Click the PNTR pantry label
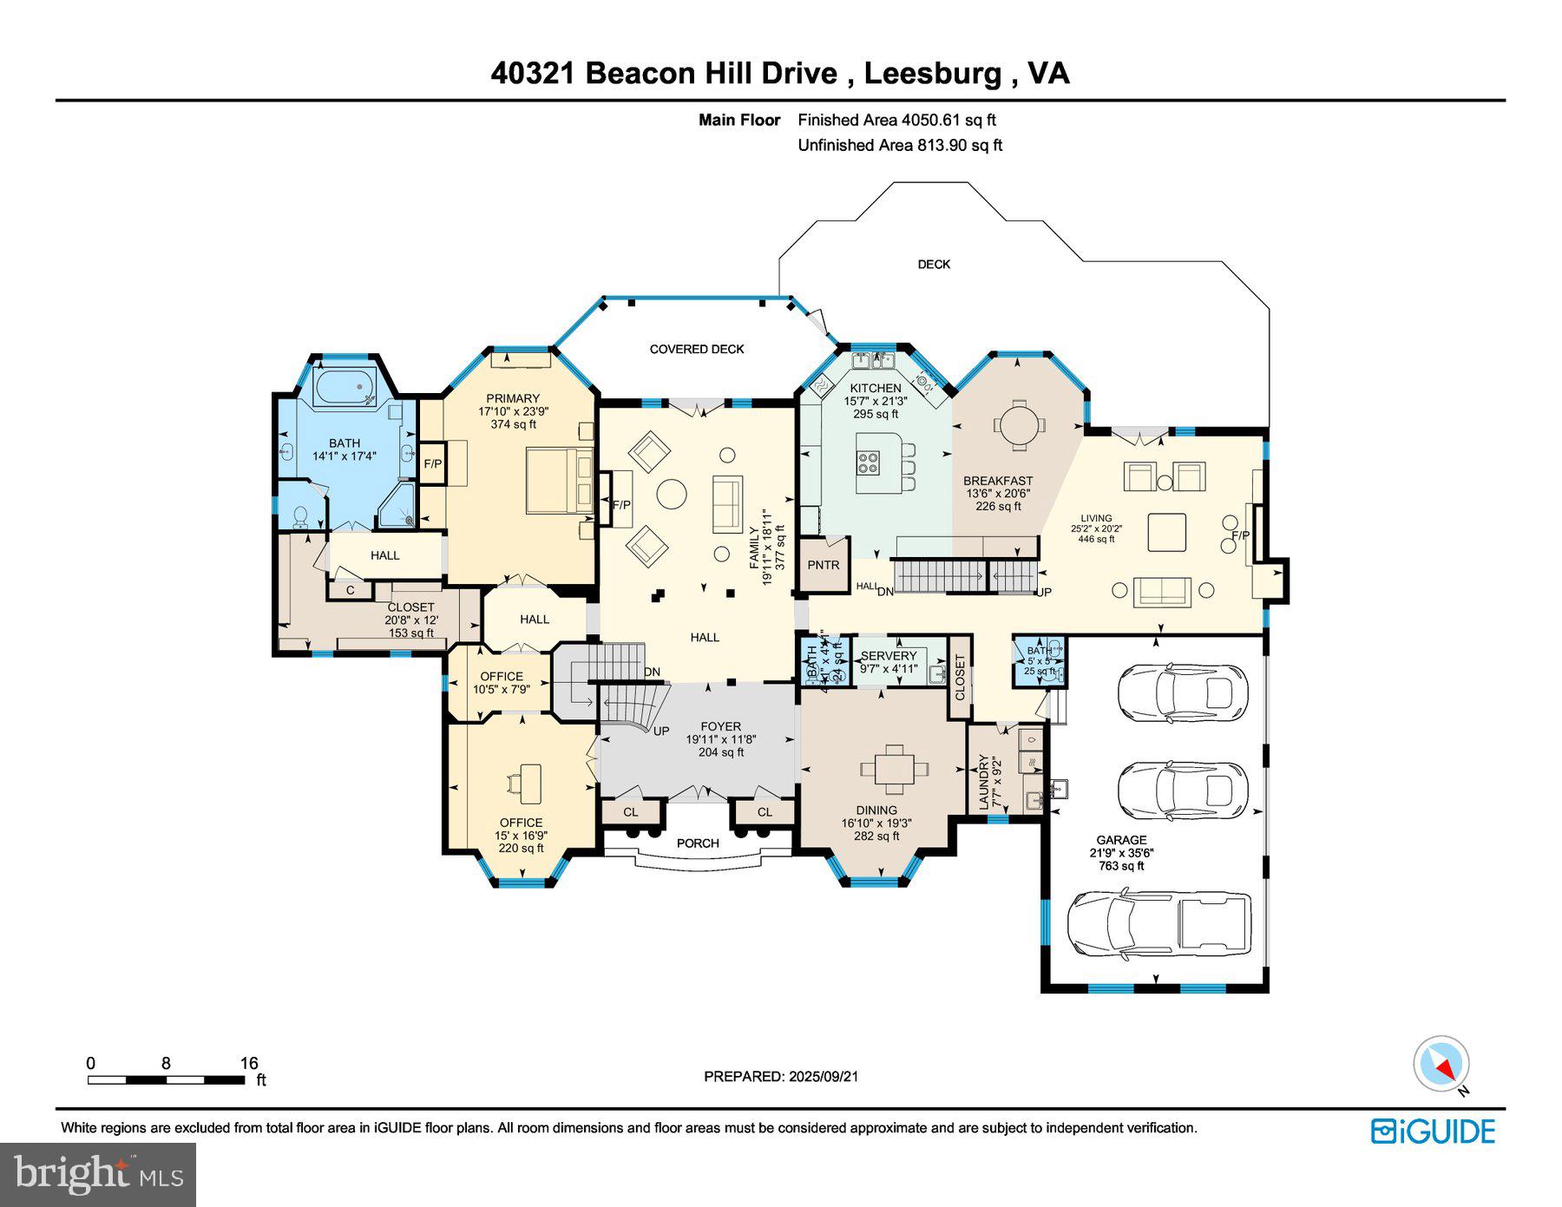pyautogui.click(x=823, y=565)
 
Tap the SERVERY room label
pyautogui.click(x=888, y=656)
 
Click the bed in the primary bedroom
pyautogui.click(x=557, y=480)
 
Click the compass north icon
pyautogui.click(x=1441, y=1064)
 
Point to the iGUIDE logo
pyautogui.click(x=1433, y=1132)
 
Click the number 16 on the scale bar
pyautogui.click(x=249, y=1063)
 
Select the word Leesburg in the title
pyautogui.click(x=932, y=73)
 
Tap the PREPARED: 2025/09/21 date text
pyautogui.click(x=781, y=1076)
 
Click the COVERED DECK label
pyautogui.click(x=697, y=349)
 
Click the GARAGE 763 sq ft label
pyautogui.click(x=1121, y=852)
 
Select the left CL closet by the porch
pyautogui.click(x=630, y=812)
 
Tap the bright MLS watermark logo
pyautogui.click(x=98, y=1175)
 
